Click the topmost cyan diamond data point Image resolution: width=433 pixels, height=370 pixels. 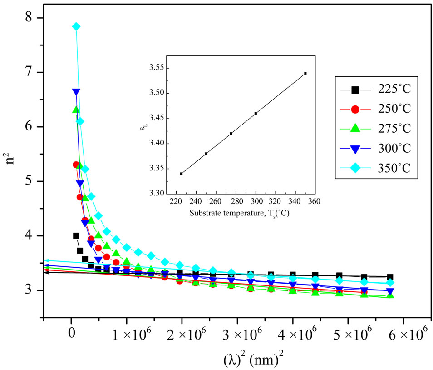click(76, 26)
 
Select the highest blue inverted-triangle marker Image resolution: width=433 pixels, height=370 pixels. click(76, 92)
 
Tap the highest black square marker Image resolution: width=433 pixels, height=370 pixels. click(76, 236)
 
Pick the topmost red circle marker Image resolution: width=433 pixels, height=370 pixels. click(76, 165)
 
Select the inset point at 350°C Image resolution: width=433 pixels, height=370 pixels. click(305, 73)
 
